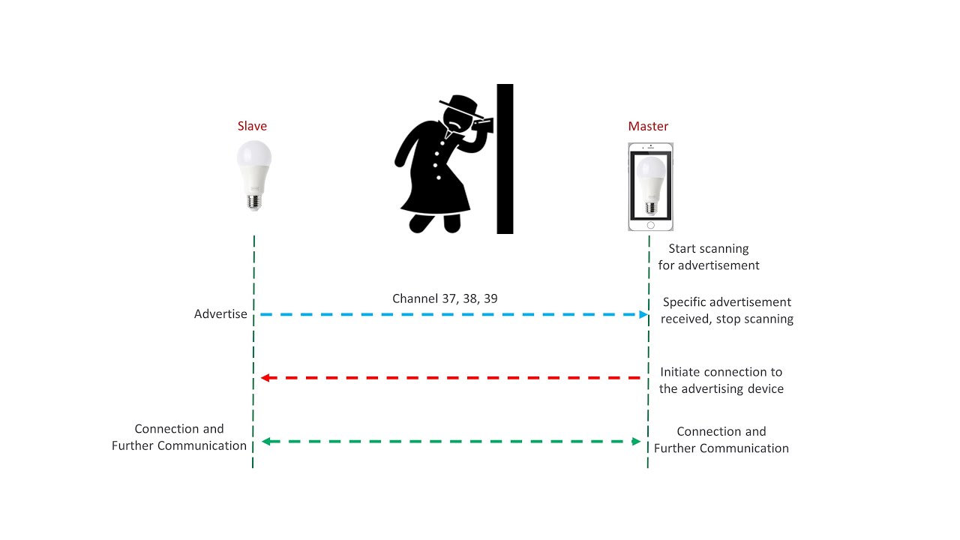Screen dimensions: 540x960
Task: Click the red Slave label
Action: [x=252, y=126]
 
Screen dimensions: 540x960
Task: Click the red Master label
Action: [x=648, y=126]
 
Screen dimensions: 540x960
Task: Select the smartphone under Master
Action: [x=650, y=187]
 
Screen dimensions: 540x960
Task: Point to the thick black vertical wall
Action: [x=505, y=158]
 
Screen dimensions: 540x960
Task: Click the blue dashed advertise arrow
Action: [x=450, y=314]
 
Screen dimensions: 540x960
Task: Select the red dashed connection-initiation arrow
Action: [x=450, y=378]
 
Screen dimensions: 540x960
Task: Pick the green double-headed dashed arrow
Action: [x=450, y=442]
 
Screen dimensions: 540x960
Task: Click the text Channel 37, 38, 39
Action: [x=445, y=298]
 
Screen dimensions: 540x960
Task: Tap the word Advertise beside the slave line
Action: [x=220, y=314]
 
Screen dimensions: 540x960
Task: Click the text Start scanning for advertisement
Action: [x=709, y=256]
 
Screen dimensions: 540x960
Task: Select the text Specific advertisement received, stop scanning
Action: [x=727, y=310]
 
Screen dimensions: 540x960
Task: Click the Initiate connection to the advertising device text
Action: [x=721, y=380]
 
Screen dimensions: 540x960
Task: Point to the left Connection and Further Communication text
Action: [x=179, y=437]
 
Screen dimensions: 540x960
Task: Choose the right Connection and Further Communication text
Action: [x=721, y=439]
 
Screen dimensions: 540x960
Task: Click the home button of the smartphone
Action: [x=650, y=224]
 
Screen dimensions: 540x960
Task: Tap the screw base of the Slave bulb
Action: [x=253, y=200]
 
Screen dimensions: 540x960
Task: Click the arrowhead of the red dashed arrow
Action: [x=263, y=378]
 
